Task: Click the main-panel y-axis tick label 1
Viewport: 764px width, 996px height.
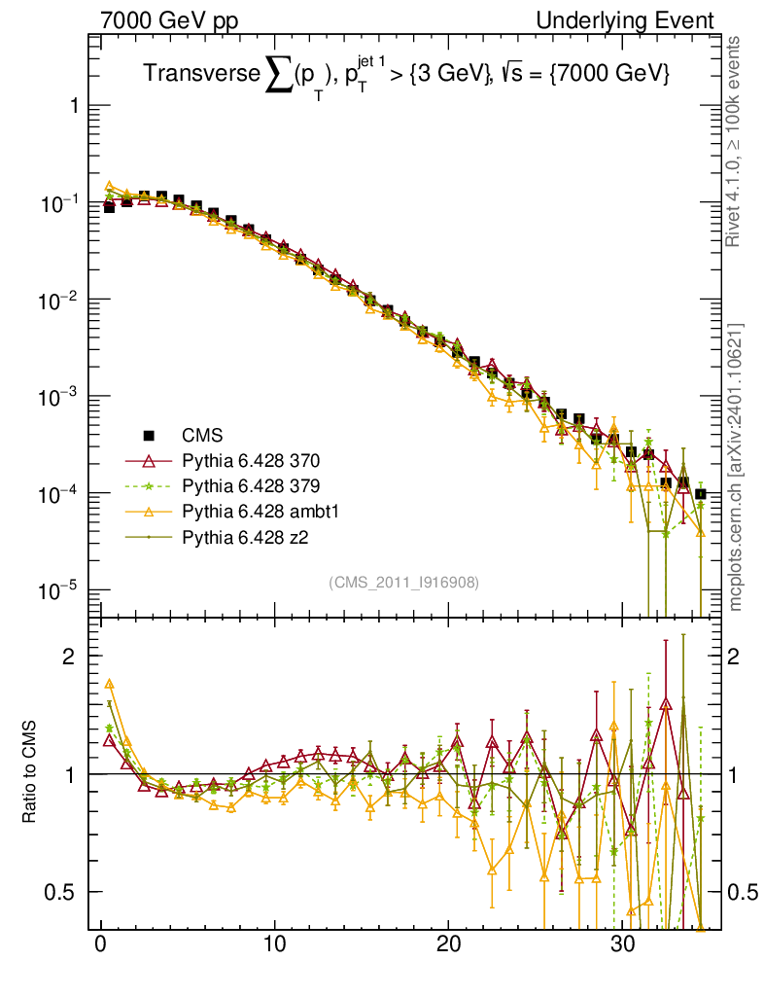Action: [x=73, y=106]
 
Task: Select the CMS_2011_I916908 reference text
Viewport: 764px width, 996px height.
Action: [x=403, y=582]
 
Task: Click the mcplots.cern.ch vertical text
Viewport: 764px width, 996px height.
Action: [x=736, y=467]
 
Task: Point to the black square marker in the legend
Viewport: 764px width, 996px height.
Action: [x=149, y=435]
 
